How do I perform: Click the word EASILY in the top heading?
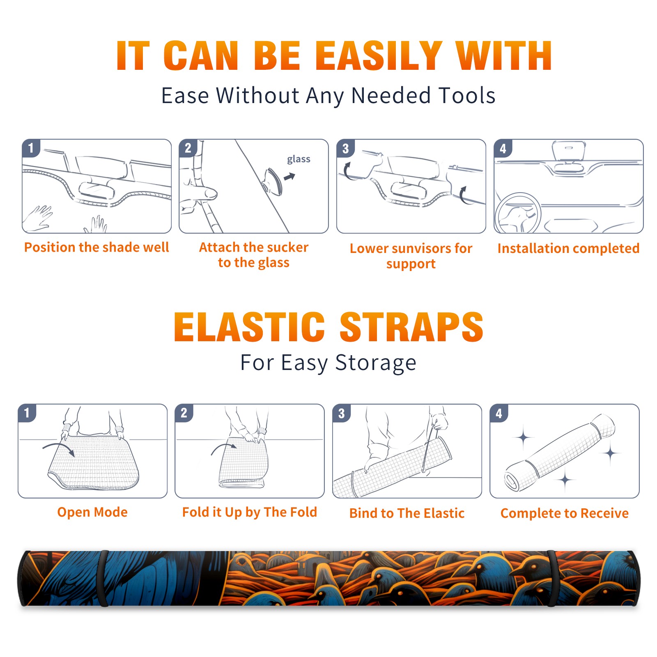click(x=379, y=56)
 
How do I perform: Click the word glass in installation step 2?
click(x=299, y=159)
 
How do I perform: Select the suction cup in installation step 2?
click(x=273, y=181)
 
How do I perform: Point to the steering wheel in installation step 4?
click(x=518, y=213)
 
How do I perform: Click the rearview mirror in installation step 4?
click(x=569, y=151)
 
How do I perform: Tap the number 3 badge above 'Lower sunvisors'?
click(x=346, y=148)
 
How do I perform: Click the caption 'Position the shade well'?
click(x=96, y=247)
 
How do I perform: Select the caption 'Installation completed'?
click(x=568, y=248)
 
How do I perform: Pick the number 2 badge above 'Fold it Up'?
click(x=184, y=413)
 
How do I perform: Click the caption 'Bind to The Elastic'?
click(x=407, y=513)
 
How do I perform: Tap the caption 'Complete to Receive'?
click(x=565, y=513)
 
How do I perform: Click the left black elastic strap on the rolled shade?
click(x=103, y=578)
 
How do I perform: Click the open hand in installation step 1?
click(x=38, y=219)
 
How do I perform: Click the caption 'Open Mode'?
click(x=92, y=512)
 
